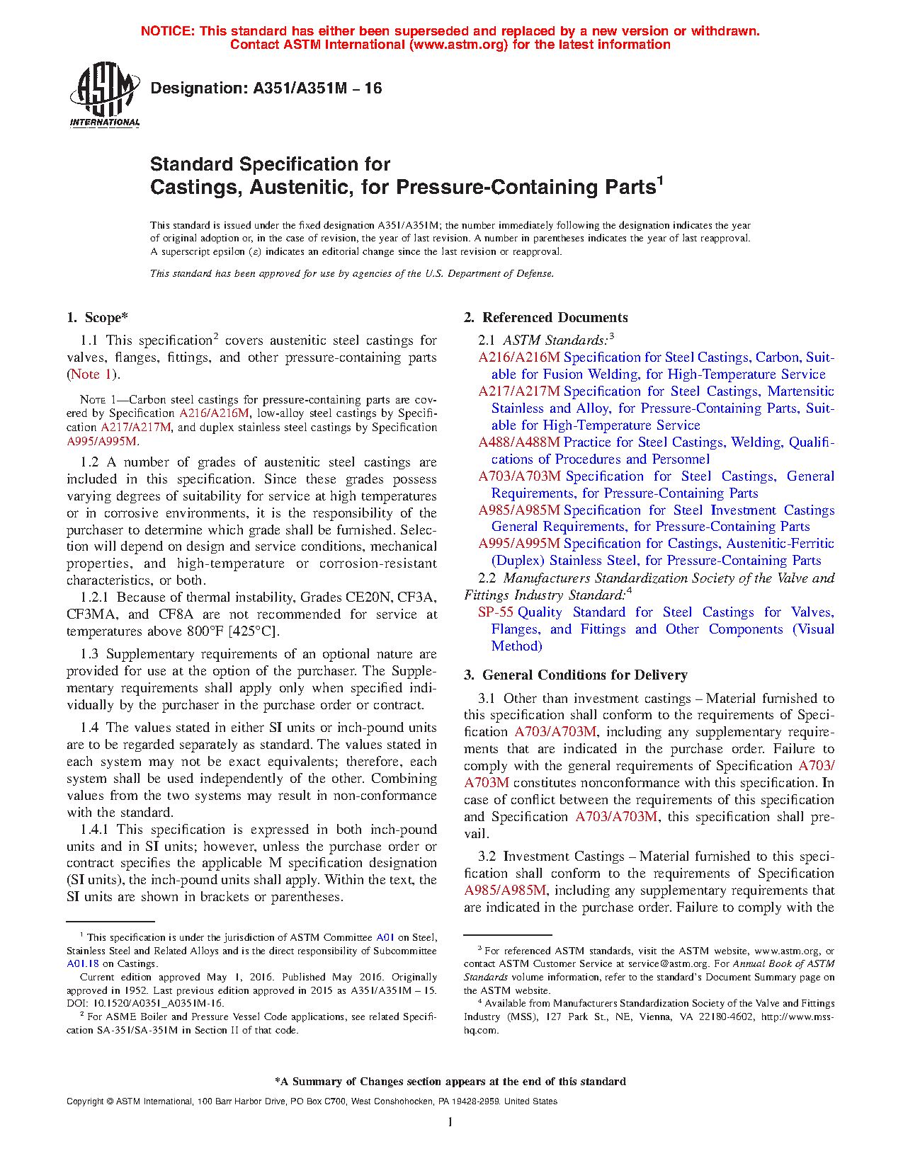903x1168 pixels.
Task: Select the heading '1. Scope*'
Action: pos(98,318)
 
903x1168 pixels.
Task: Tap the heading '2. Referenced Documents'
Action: pos(546,318)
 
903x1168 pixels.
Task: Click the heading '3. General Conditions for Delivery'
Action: pos(576,675)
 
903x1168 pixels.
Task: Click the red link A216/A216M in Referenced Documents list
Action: pos(518,357)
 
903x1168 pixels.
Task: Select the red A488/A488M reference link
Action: pos(518,442)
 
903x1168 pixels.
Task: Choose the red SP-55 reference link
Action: pos(495,612)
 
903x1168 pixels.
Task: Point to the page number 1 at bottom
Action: pos(450,1121)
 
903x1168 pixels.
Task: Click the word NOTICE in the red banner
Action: pos(167,31)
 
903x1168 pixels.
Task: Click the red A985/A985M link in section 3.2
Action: pos(505,891)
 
